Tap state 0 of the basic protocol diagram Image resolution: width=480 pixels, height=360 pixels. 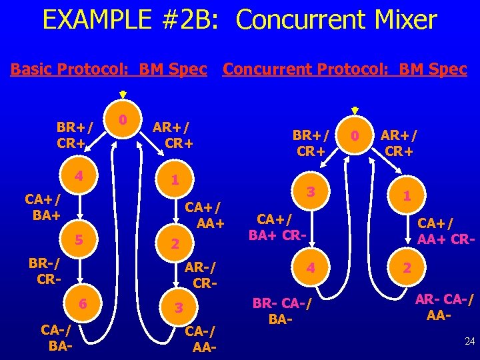123,121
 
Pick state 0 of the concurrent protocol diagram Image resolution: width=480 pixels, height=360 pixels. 356,137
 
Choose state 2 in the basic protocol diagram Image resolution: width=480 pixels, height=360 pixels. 174,245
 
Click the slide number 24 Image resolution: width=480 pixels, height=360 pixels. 469,341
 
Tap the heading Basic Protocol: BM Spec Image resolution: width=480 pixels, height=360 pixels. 109,69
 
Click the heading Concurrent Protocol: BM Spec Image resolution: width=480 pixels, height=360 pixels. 345,69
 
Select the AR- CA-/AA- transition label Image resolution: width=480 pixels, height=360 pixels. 444,307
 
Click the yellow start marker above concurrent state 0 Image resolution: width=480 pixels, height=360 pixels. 355,111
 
